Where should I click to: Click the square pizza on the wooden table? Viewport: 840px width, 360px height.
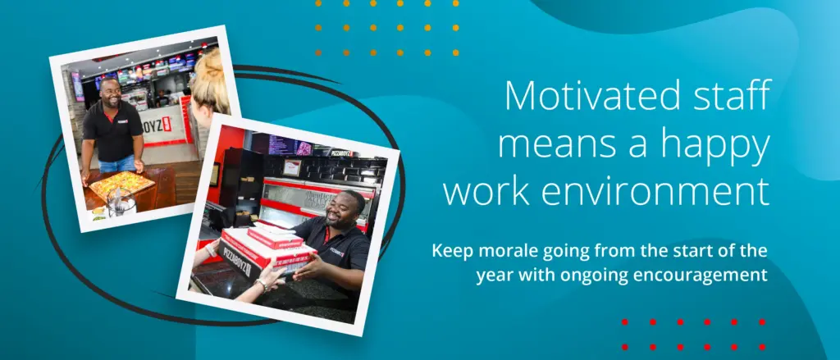point(121,185)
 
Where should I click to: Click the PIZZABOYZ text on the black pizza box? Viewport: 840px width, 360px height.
point(235,260)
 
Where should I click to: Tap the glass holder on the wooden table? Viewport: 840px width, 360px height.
point(121,203)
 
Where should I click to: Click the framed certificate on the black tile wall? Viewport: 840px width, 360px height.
point(292,167)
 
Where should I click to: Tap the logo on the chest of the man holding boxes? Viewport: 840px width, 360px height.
point(337,252)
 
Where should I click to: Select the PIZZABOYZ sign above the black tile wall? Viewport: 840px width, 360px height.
point(342,153)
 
